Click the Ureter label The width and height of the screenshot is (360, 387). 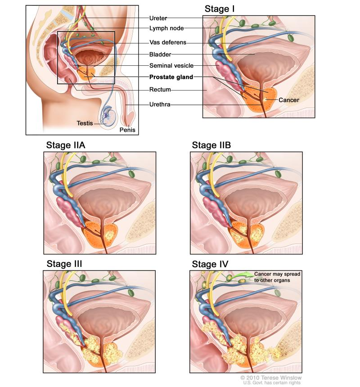click(x=157, y=18)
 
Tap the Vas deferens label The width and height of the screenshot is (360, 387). click(x=167, y=43)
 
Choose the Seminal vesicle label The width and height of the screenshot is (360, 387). click(x=171, y=66)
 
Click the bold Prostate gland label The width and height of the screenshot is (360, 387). click(x=171, y=77)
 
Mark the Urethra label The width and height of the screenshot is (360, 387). click(x=160, y=105)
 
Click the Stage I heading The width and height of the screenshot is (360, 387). click(x=220, y=9)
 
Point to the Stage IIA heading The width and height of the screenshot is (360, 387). click(x=66, y=145)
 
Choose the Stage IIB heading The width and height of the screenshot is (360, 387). click(x=211, y=145)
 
